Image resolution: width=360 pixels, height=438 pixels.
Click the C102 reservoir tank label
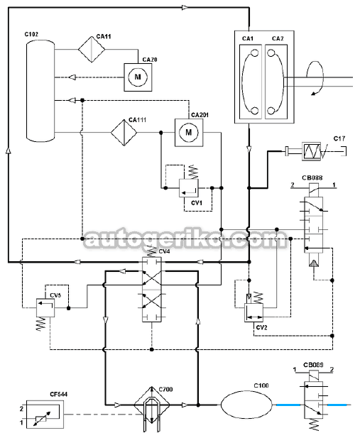point(31,34)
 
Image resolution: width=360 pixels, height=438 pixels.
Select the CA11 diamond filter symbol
point(92,50)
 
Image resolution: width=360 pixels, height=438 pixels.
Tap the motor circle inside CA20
point(138,77)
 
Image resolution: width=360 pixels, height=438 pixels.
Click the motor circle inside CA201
point(189,132)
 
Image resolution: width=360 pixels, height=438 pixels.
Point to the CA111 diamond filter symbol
point(124,133)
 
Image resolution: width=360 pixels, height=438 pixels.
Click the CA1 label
point(248,38)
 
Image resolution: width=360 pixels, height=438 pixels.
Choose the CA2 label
point(278,38)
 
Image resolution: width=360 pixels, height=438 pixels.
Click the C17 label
point(339,138)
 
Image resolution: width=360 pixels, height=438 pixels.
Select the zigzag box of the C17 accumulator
point(312,151)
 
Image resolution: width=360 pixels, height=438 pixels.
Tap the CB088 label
point(312,177)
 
